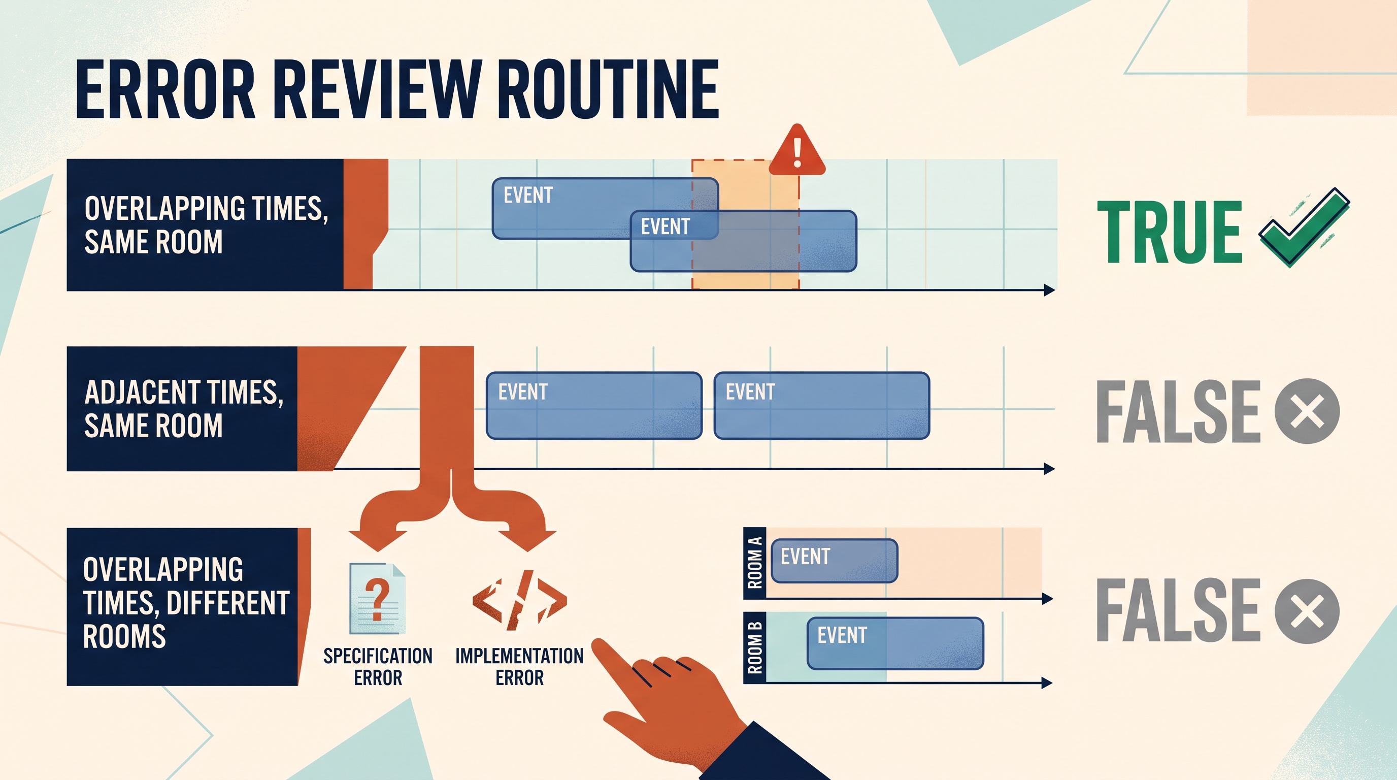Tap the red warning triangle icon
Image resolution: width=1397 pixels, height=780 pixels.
pyautogui.click(x=796, y=151)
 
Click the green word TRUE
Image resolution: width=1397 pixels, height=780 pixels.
pyautogui.click(x=1169, y=232)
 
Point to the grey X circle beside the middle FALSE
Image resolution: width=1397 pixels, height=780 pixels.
pyautogui.click(x=1307, y=411)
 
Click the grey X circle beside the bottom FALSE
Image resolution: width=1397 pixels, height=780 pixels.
pyautogui.click(x=1307, y=611)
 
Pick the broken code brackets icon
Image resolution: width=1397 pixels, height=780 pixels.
pyautogui.click(x=519, y=600)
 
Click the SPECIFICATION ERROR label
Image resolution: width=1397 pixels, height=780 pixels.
pyautogui.click(x=378, y=667)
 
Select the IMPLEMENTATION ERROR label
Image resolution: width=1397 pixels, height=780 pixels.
pyautogui.click(x=519, y=667)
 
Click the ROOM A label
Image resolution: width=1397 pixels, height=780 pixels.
pyautogui.click(x=754, y=563)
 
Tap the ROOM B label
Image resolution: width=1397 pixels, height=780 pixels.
pyautogui.click(x=754, y=647)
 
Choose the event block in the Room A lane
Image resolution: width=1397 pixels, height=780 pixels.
pyautogui.click(x=834, y=561)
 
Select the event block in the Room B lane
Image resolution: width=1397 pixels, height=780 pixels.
pyautogui.click(x=895, y=643)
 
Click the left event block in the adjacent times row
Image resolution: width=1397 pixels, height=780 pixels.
pyautogui.click(x=594, y=405)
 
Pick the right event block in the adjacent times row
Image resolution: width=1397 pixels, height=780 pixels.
pyautogui.click(x=822, y=405)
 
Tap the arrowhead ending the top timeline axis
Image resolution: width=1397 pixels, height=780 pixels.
pyautogui.click(x=1049, y=289)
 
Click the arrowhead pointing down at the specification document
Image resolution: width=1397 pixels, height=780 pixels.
pyautogui.click(x=378, y=540)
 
